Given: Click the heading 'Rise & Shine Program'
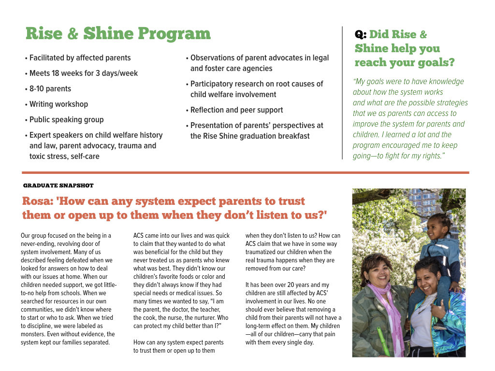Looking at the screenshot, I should coord(118,34).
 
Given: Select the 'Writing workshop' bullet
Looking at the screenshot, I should coord(58,104).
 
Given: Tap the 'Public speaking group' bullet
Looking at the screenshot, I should coord(66,120).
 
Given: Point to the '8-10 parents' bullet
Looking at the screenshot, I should coord(50,89).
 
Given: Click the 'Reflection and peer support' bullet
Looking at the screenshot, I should coord(236,110).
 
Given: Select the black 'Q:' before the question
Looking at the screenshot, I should coord(361,35).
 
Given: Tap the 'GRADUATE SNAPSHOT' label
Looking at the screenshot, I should coord(58,185).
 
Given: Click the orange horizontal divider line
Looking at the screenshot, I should coord(245,172).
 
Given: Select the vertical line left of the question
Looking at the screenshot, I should coord(342,92).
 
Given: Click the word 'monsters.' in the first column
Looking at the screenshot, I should coord(35,334).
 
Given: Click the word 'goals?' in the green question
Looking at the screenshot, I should coord(437,63).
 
